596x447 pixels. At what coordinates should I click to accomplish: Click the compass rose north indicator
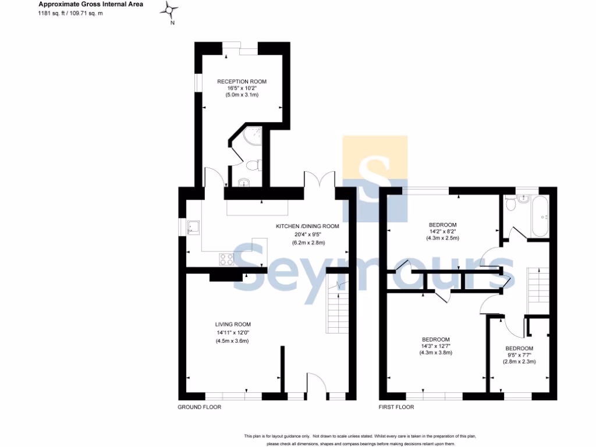coord(171,10)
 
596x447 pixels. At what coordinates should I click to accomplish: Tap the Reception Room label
coord(242,81)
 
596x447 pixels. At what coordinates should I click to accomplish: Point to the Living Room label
coord(233,324)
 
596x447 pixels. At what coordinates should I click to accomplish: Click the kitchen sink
coord(193,228)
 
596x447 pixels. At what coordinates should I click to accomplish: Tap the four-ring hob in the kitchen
coord(227,258)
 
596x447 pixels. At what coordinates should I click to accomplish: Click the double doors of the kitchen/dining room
coord(320,179)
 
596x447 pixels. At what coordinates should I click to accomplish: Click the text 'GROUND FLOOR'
coord(199,407)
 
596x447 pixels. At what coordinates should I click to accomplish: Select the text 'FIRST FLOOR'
coord(396,407)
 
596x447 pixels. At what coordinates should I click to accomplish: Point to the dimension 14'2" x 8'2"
coord(443,231)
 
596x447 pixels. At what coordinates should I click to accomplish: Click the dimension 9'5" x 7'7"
coord(519,355)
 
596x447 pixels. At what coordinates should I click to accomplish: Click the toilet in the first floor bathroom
coord(510,203)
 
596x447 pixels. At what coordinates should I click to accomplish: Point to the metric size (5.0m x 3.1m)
coord(242,94)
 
